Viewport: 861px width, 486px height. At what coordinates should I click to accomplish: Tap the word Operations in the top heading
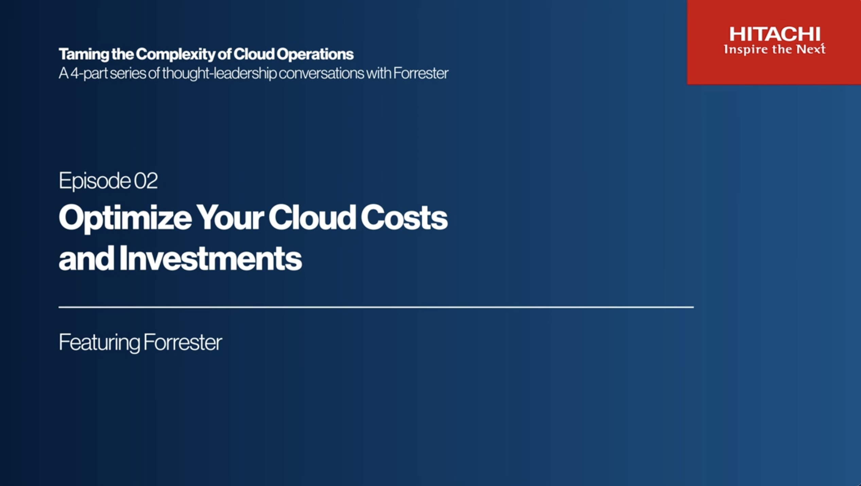coord(315,54)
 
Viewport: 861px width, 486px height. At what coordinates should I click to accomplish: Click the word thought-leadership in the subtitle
coord(219,73)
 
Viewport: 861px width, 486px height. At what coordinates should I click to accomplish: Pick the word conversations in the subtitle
coord(321,73)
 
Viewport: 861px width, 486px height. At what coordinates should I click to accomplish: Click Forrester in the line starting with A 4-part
coord(421,73)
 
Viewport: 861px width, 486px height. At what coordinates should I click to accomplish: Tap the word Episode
coord(94,181)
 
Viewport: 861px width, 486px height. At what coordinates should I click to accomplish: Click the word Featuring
coord(99,343)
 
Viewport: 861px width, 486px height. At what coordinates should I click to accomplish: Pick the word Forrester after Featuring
coord(183,342)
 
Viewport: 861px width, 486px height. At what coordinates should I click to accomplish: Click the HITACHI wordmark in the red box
coord(775,34)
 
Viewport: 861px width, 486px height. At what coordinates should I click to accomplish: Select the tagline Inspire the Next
coord(775,49)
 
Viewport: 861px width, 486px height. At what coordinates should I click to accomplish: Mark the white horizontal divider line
coord(376,307)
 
